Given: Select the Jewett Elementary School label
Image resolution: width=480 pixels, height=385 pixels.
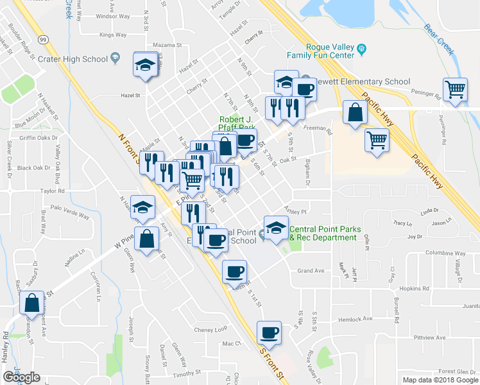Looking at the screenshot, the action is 363,81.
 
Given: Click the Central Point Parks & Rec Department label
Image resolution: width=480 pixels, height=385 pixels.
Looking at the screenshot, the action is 323,234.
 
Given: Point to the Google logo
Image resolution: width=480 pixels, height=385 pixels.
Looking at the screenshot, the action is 21,377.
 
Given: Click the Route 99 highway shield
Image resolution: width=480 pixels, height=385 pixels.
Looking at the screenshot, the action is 42,39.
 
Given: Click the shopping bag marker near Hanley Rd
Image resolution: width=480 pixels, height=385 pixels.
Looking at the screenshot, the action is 31,304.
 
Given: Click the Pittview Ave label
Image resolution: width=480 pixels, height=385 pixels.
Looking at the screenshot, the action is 429,337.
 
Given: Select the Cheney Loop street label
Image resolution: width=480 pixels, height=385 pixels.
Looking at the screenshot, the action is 211,329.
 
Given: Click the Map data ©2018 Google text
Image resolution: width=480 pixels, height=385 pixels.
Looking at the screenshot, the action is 440,380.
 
